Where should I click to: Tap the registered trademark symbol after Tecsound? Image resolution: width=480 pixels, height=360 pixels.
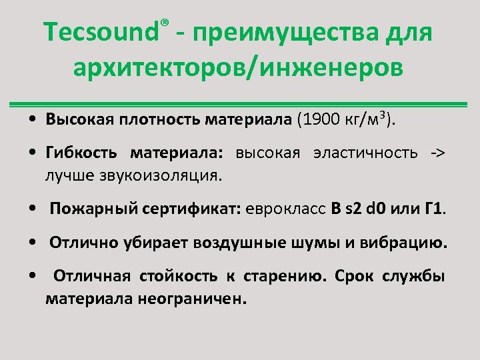pos(164,25)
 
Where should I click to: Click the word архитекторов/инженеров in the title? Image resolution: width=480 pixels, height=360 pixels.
pos(239,69)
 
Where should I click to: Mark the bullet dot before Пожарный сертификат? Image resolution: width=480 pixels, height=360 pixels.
pos(33,209)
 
